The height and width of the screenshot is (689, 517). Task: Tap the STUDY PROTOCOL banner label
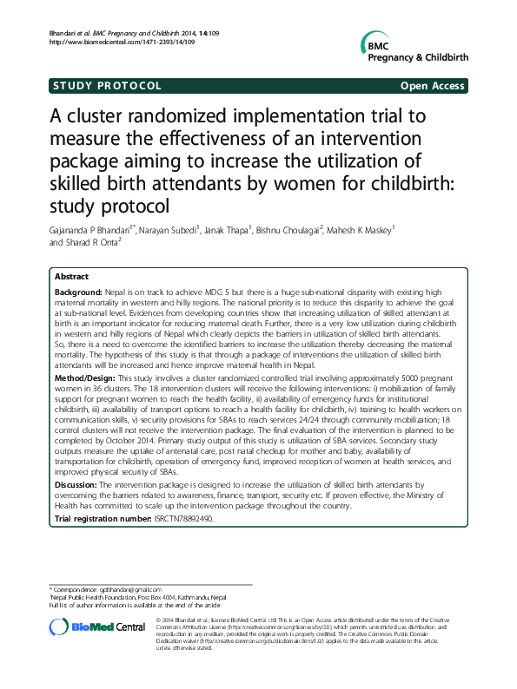[x=107, y=86]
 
